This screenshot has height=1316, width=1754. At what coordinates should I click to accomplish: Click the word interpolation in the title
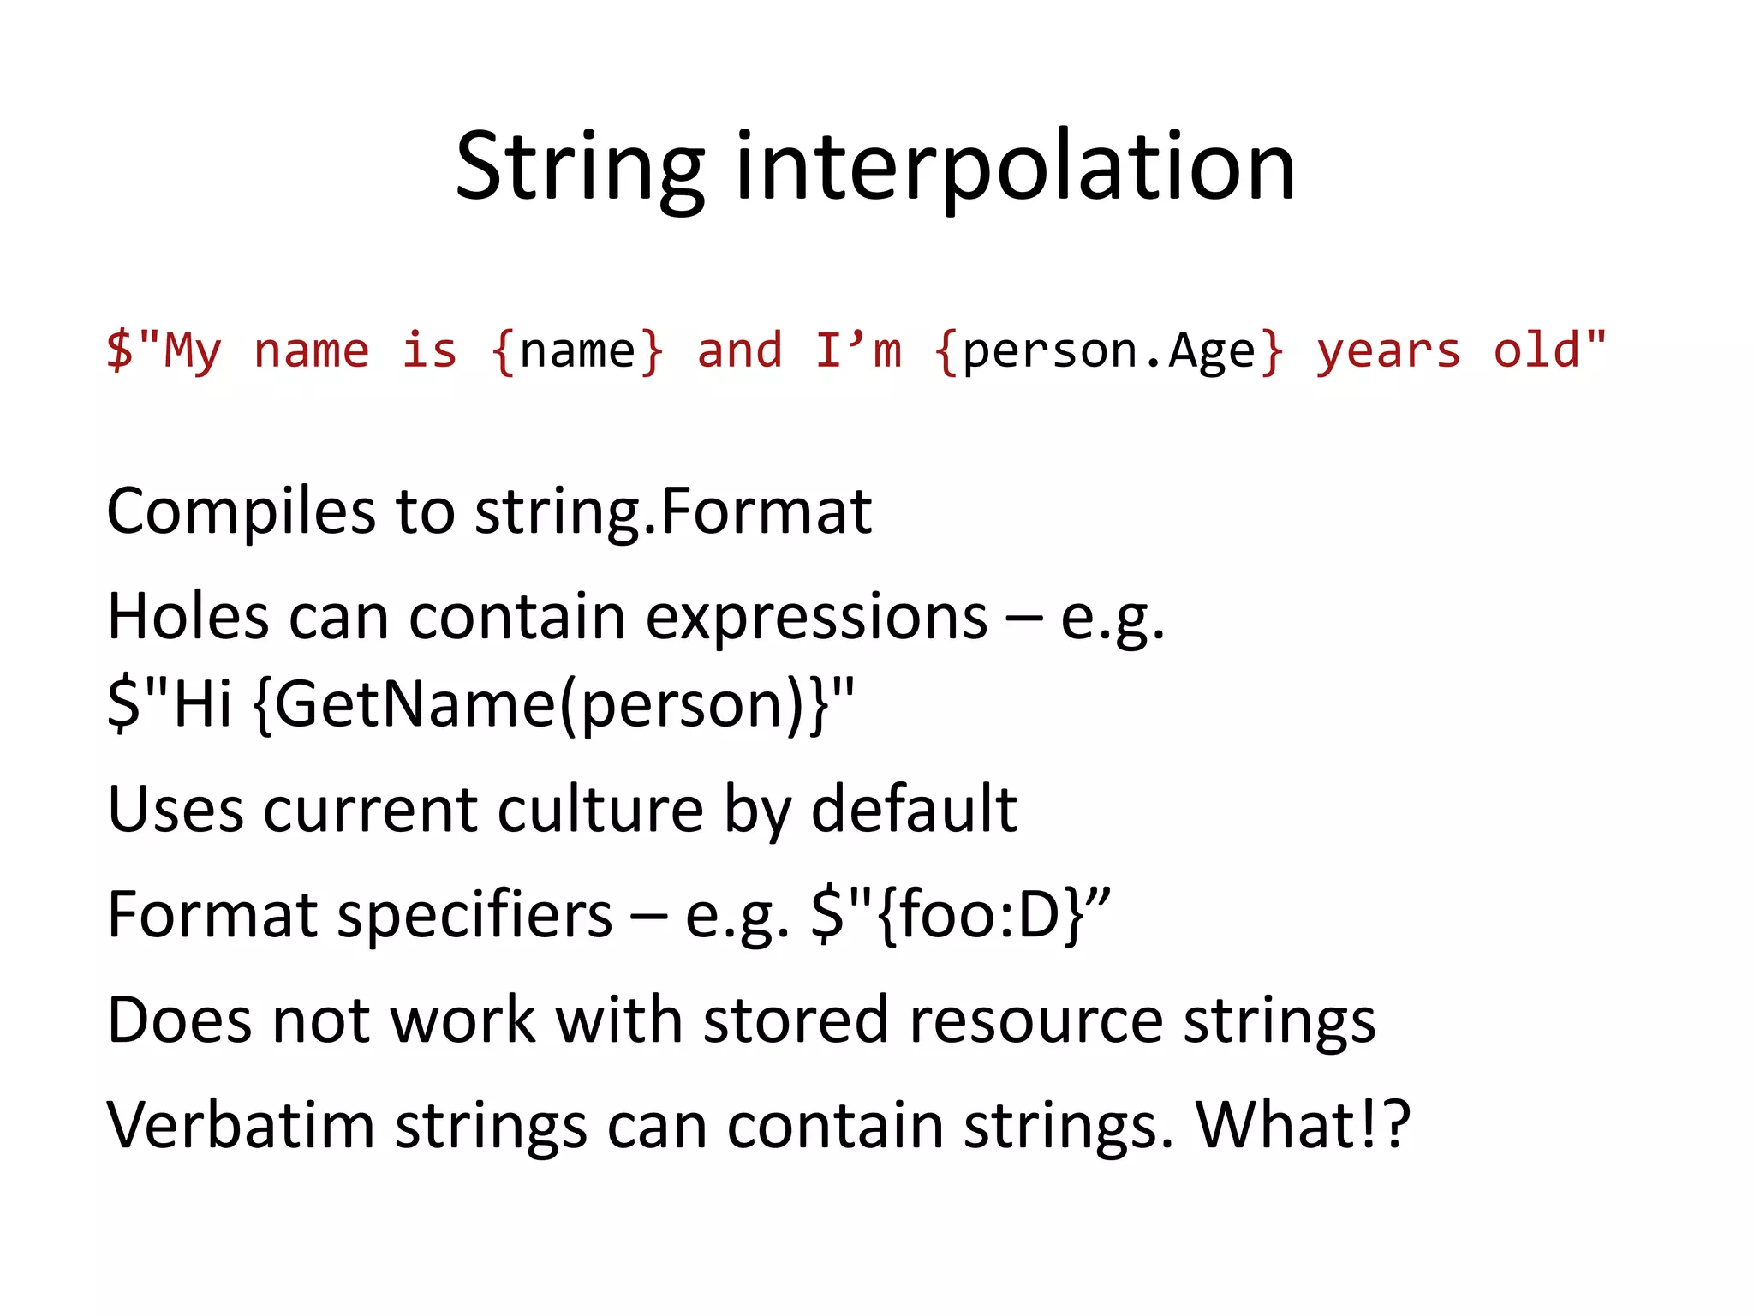pyautogui.click(x=1015, y=167)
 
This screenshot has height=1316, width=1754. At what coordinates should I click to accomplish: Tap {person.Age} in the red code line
pyautogui.click(x=1109, y=351)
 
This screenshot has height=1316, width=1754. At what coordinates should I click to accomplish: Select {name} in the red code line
pyautogui.click(x=577, y=351)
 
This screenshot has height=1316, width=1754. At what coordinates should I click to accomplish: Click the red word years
pyautogui.click(x=1387, y=351)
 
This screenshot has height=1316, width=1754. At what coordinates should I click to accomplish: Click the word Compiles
pyautogui.click(x=241, y=511)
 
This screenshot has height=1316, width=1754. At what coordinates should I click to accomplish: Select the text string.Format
pyautogui.click(x=673, y=511)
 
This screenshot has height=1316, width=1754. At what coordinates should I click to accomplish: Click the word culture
pyautogui.click(x=600, y=809)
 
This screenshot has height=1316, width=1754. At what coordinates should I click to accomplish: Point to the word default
pyautogui.click(x=913, y=809)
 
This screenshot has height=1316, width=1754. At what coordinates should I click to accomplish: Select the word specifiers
pyautogui.click(x=474, y=915)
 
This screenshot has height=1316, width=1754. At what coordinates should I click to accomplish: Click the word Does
pyautogui.click(x=179, y=1020)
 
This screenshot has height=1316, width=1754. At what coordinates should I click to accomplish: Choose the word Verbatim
pyautogui.click(x=241, y=1125)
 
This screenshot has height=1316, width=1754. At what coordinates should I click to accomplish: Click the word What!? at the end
pyautogui.click(x=1302, y=1125)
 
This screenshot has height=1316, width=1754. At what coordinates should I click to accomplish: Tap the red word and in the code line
pyautogui.click(x=739, y=351)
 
